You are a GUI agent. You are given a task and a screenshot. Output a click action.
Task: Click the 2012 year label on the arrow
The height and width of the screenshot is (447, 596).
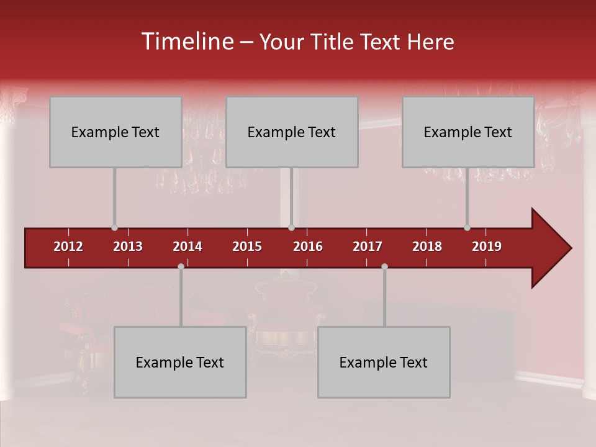tap(68, 246)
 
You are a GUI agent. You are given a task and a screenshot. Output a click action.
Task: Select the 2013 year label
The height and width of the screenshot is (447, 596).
tap(128, 246)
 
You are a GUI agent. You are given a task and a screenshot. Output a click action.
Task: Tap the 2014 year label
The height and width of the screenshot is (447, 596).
tap(187, 246)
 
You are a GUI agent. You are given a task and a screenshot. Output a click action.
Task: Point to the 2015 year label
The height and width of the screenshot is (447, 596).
tap(247, 246)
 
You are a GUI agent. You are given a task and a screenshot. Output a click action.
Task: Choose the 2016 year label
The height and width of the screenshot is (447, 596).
tap(308, 246)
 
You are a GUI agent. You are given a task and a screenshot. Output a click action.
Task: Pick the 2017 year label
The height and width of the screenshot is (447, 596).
tap(368, 246)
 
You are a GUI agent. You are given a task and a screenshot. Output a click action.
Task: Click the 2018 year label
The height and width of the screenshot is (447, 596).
tap(427, 246)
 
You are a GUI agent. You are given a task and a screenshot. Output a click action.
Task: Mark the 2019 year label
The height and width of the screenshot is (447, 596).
tap(487, 246)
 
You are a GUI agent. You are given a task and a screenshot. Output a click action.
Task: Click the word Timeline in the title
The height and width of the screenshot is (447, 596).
tap(186, 42)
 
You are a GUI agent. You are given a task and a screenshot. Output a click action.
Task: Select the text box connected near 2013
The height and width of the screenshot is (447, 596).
tap(115, 132)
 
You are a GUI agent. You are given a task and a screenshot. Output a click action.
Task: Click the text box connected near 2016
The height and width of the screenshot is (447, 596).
tap(292, 132)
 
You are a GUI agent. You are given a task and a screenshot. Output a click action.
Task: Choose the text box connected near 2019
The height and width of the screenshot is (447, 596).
tap(468, 132)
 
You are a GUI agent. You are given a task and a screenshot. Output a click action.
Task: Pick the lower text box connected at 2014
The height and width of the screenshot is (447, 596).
tap(180, 362)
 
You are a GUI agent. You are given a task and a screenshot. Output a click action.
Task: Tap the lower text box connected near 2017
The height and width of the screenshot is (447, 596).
tap(384, 362)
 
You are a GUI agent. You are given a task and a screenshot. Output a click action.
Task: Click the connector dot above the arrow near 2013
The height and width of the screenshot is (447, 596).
tap(114, 228)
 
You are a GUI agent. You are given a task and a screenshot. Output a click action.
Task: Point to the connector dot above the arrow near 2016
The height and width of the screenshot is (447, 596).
tap(291, 228)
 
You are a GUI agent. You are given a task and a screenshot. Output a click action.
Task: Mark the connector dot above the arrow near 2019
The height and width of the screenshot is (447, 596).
tap(467, 228)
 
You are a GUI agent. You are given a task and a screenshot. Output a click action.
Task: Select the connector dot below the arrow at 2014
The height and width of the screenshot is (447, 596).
tap(181, 266)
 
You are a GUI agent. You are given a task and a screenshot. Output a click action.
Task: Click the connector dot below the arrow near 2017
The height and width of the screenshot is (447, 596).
tap(384, 266)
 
